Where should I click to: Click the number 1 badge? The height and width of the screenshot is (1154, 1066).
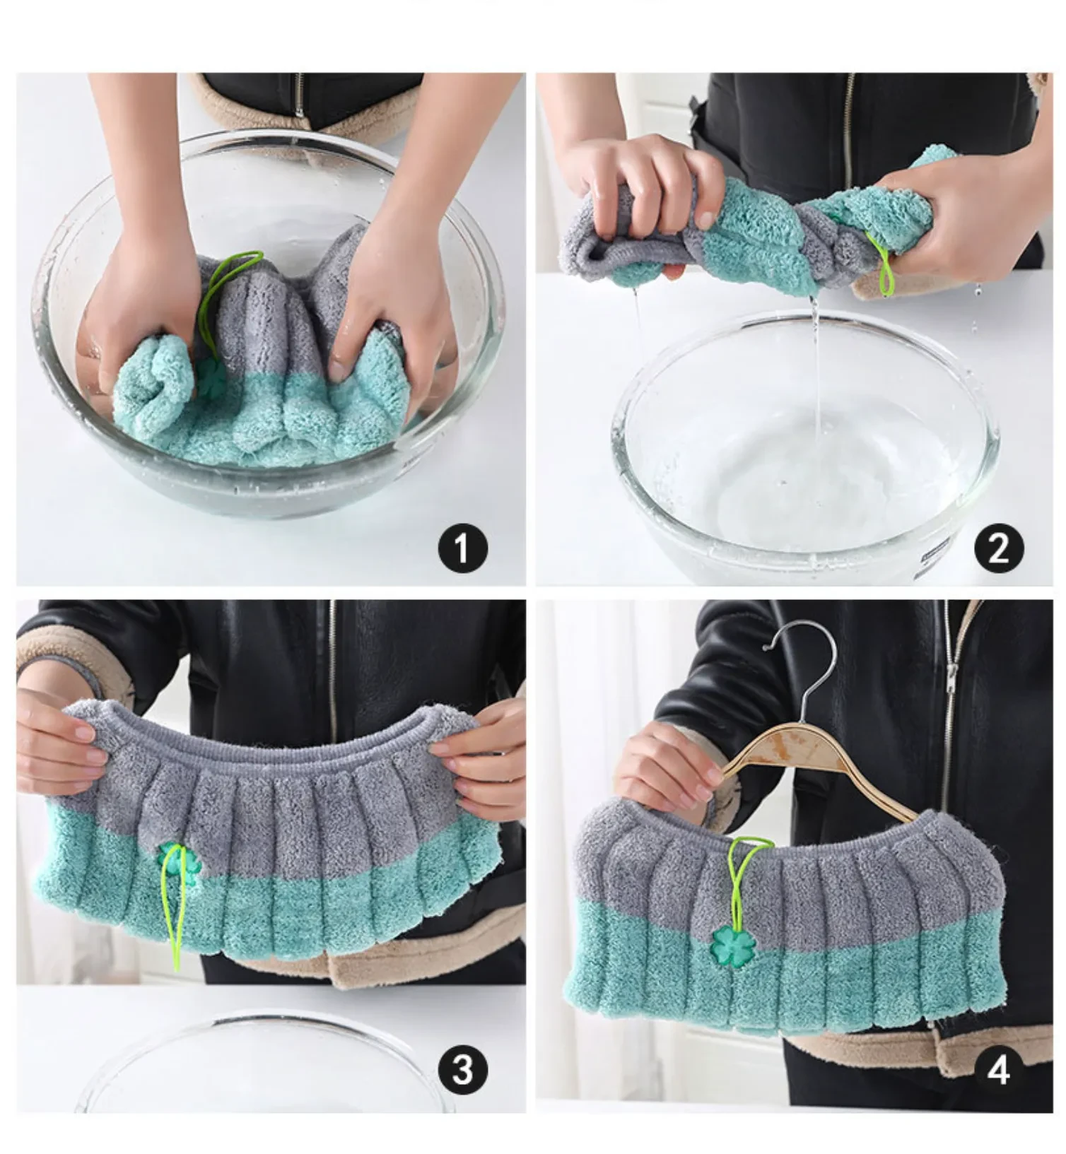[x=462, y=547]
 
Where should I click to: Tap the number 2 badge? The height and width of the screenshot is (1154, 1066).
[x=998, y=547]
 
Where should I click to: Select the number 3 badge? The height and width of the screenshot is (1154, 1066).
[x=462, y=1069]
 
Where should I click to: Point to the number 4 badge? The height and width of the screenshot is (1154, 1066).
[x=998, y=1069]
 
